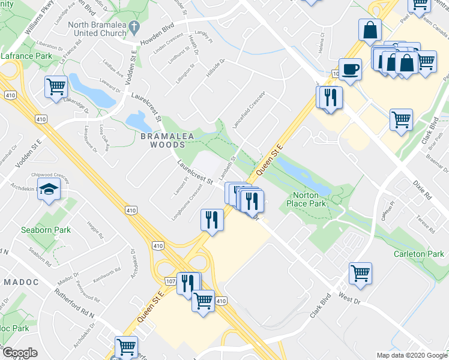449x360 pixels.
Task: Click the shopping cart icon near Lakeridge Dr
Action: pos(56,86)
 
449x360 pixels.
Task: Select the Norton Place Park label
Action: pos(317,200)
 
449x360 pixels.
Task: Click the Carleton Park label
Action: pos(419,254)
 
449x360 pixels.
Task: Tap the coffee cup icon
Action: pos(350,68)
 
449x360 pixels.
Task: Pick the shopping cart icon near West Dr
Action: pos(360,273)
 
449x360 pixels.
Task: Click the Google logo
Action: pos(20,353)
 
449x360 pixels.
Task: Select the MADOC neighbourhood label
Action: pos(21,281)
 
